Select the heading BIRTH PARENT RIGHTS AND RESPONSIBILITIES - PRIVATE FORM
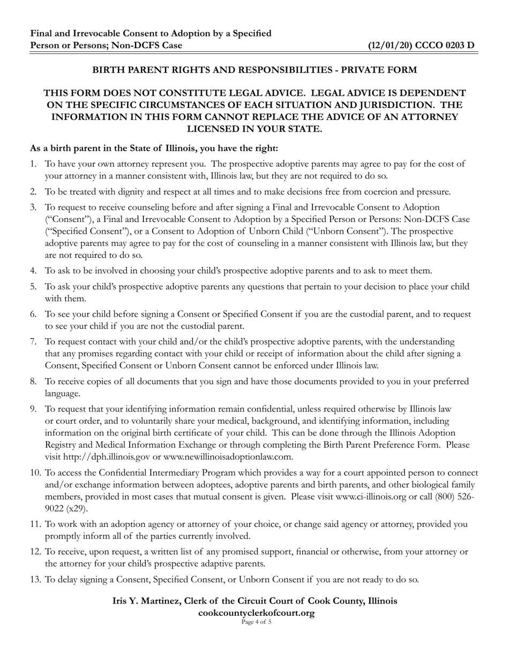[x=254, y=70]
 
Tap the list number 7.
[x=33, y=341]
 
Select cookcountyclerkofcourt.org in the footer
[x=256, y=613]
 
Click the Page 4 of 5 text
[x=256, y=622]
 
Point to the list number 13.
[x=35, y=579]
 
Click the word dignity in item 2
[x=126, y=192]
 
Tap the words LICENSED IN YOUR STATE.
[x=254, y=129]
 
